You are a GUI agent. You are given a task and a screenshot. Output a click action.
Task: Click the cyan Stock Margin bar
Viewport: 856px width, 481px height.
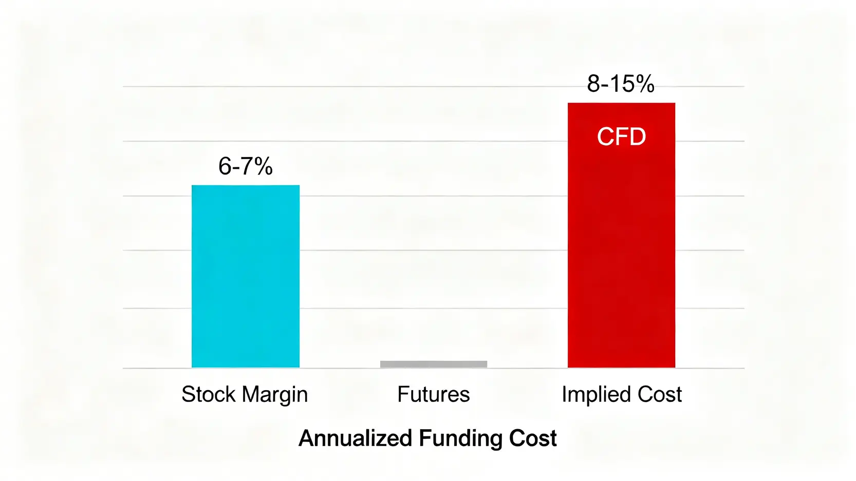246,276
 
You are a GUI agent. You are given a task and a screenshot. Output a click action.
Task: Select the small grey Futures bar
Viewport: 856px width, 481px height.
434,364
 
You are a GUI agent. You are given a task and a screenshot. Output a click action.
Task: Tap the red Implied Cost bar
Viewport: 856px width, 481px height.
621,246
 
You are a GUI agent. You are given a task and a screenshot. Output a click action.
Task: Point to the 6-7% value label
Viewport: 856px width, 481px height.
246,166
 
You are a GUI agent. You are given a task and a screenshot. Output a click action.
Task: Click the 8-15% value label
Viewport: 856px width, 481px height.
621,84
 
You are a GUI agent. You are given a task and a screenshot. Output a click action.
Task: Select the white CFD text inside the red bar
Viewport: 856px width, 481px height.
621,137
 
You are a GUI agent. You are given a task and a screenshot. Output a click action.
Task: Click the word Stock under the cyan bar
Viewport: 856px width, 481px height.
209,394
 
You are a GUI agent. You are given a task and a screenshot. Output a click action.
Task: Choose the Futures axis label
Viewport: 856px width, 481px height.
434,394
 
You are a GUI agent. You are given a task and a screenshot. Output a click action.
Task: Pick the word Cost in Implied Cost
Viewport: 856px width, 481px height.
659,394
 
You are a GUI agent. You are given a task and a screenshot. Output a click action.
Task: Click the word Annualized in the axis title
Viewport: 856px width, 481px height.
356,438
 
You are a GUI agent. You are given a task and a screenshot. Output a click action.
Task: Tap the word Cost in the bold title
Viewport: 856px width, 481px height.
533,438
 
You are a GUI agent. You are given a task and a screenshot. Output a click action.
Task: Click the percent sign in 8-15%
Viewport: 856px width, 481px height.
644,84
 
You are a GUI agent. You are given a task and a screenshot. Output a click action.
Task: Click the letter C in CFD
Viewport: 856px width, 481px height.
605,137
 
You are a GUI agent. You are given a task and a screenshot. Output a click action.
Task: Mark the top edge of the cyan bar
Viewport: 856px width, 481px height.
246,186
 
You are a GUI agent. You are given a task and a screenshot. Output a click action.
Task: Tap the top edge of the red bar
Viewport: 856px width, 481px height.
621,104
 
